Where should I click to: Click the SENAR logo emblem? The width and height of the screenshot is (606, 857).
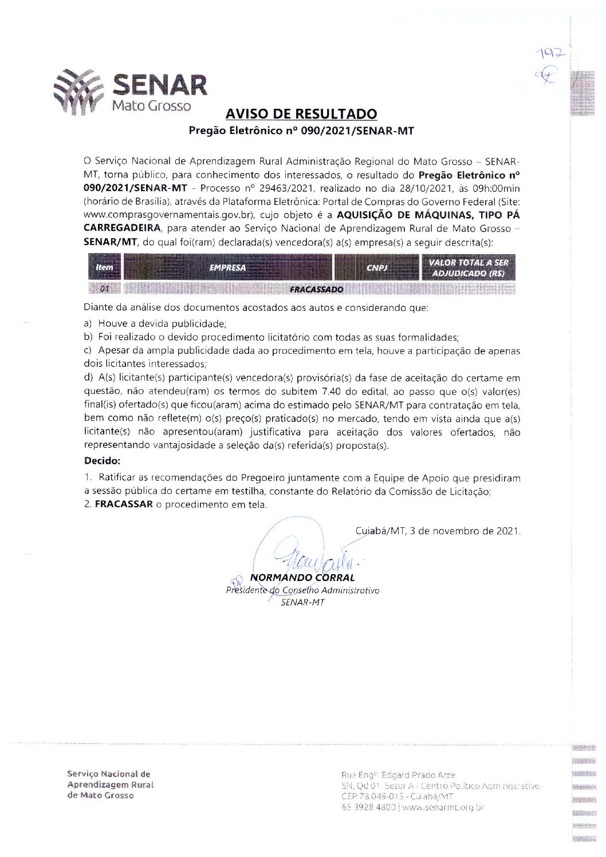pos(78,92)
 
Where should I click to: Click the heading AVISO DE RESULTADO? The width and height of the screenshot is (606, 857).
pos(301,114)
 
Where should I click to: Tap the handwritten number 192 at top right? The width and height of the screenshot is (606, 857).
pos(550,54)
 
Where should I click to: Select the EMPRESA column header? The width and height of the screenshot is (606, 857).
pos(227,267)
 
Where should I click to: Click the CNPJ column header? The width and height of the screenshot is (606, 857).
pos(377,267)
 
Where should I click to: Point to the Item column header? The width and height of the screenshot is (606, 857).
pos(104,267)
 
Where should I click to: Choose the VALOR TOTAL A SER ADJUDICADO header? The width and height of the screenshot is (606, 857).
pos(469,268)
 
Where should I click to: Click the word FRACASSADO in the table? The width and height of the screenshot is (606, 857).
pos(316,289)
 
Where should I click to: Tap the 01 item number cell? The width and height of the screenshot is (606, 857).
pos(104,289)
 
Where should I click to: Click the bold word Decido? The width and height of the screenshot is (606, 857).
pos(102,461)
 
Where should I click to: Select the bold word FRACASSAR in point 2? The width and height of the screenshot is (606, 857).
pos(124,504)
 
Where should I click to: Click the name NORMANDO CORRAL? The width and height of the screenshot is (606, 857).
pos(302,578)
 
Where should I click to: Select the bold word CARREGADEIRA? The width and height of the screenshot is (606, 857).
pos(122,228)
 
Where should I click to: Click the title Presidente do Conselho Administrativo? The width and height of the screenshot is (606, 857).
pos(302,590)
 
